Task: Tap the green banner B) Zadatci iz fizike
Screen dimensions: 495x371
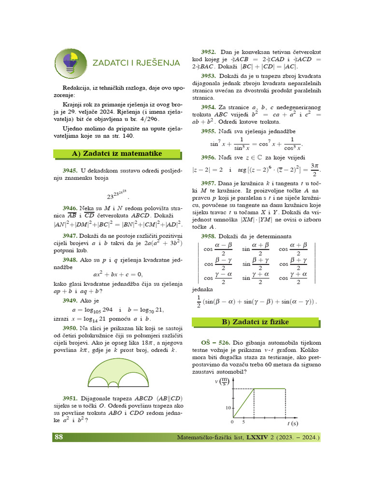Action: point(255,322)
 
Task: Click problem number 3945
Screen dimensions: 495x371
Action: point(70,171)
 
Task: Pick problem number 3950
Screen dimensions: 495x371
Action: point(70,328)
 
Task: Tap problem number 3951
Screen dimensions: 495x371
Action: point(70,398)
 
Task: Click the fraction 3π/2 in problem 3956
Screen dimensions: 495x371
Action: point(314,170)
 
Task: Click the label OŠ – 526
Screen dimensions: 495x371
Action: point(210,341)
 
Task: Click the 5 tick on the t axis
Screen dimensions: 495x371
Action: point(243,422)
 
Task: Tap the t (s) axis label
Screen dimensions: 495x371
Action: point(292,423)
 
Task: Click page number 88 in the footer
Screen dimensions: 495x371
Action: point(58,437)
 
